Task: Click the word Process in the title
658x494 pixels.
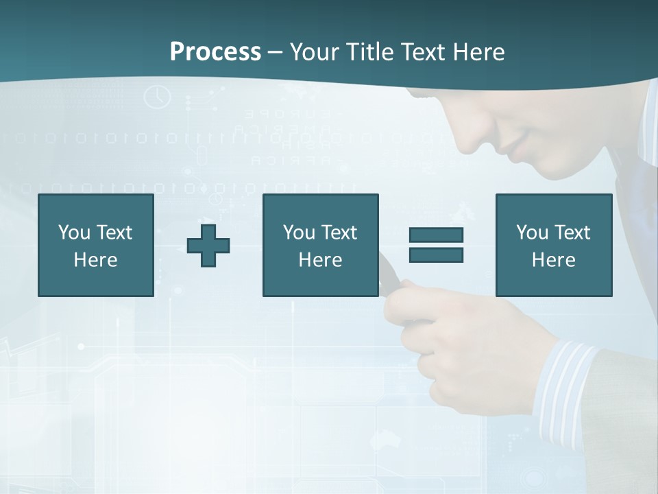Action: pyautogui.click(x=215, y=52)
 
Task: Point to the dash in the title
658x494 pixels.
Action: pyautogui.click(x=275, y=53)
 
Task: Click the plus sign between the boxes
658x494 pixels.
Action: pyautogui.click(x=208, y=246)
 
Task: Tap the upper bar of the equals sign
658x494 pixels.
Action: pyautogui.click(x=436, y=235)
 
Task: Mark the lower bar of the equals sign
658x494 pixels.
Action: pyautogui.click(x=436, y=255)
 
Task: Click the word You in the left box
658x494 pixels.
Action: pyautogui.click(x=74, y=233)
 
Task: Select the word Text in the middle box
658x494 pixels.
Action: pyautogui.click(x=339, y=233)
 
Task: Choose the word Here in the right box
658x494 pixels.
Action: pyautogui.click(x=554, y=260)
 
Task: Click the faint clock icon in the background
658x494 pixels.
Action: pyautogui.click(x=157, y=97)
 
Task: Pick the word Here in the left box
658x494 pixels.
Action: pyautogui.click(x=96, y=260)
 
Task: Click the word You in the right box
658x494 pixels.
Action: pyautogui.click(x=532, y=233)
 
